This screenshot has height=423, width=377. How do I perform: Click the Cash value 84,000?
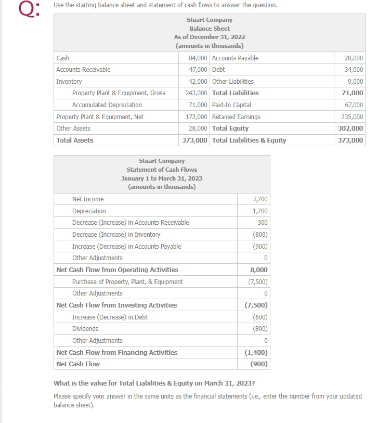(198, 58)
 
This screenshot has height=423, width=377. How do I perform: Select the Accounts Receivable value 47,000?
(198, 70)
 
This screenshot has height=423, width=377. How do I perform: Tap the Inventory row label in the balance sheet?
(69, 82)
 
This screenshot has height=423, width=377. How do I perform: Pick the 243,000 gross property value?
(197, 93)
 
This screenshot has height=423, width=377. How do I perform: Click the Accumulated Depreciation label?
(107, 105)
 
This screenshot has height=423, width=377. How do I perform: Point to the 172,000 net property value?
(197, 117)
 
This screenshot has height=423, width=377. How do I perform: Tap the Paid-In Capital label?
(231, 105)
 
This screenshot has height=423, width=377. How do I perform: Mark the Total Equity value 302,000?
(352, 129)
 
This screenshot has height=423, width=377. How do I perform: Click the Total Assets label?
(75, 140)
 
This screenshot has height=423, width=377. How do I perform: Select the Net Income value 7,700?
(260, 199)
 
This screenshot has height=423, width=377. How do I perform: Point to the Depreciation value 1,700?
(260, 211)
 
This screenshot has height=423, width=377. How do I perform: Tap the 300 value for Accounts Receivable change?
(263, 223)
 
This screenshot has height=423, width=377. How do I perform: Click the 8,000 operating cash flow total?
(259, 270)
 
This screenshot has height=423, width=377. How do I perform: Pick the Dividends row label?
(85, 329)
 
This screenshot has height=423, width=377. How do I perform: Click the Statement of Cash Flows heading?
(162, 170)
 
